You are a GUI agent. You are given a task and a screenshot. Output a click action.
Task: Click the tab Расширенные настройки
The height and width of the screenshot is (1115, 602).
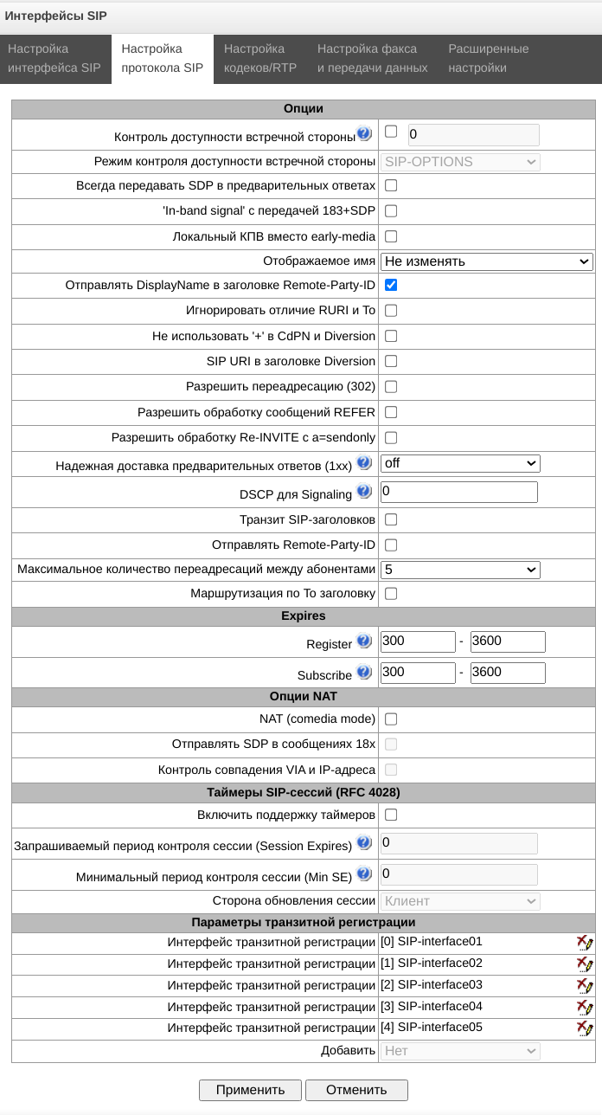488,58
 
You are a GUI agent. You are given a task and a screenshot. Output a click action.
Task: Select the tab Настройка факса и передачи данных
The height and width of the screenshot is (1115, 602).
373,58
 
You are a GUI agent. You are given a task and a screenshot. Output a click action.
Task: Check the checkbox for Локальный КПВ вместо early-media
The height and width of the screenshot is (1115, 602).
391,236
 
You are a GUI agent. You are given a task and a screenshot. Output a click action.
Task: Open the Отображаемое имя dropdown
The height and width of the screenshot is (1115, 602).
486,261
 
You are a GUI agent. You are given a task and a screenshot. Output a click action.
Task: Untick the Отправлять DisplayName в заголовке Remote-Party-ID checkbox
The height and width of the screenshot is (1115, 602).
391,285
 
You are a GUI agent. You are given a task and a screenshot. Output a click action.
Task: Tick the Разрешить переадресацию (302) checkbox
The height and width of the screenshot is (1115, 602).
391,386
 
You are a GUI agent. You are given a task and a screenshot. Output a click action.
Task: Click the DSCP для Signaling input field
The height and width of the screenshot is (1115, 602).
459,493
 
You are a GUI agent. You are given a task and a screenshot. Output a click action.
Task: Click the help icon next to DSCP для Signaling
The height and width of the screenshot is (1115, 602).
364,493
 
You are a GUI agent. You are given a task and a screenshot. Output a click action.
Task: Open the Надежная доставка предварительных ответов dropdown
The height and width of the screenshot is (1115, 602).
460,463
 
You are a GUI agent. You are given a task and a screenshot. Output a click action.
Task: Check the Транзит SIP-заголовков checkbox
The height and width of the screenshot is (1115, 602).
391,519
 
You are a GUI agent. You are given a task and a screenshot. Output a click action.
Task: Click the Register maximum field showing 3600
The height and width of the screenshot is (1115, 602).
508,641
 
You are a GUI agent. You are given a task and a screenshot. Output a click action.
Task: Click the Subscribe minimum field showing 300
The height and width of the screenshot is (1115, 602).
418,673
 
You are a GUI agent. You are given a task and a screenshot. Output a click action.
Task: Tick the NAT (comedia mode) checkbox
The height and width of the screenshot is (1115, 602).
391,719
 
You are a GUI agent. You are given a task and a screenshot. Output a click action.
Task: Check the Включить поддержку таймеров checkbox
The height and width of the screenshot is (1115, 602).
391,815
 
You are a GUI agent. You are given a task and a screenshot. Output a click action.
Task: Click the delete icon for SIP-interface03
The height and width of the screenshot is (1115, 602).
585,986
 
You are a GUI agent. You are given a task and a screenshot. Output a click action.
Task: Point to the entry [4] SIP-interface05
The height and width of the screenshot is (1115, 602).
431,1028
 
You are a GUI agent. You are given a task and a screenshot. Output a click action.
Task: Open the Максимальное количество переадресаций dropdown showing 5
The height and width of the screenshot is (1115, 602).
460,570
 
